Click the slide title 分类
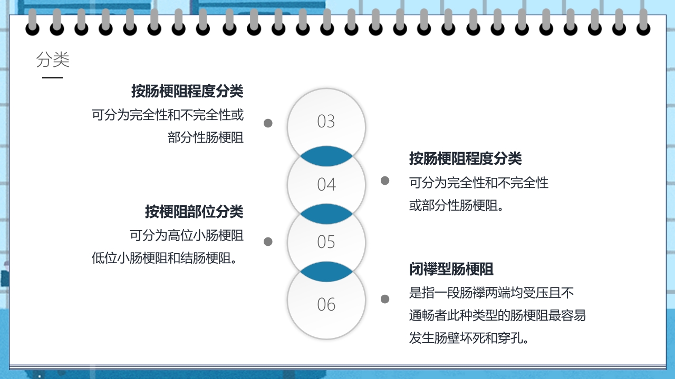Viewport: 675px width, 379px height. click(53, 60)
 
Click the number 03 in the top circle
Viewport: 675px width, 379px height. click(326, 122)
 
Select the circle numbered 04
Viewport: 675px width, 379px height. click(326, 184)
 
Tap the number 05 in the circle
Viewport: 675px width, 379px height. click(326, 242)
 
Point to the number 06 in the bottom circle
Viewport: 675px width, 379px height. click(326, 304)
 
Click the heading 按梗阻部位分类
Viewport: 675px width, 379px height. click(194, 212)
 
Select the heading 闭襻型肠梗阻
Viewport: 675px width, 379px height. click(451, 270)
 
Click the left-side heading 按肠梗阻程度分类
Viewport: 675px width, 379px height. click(187, 91)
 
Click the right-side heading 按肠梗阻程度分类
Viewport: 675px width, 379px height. click(466, 158)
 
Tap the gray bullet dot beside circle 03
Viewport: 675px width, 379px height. click(268, 123)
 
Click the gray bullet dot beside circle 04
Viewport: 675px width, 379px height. click(385, 181)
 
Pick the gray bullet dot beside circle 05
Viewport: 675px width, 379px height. click(268, 242)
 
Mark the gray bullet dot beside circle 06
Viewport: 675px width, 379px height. click(385, 299)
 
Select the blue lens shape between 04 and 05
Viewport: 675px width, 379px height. click(326, 214)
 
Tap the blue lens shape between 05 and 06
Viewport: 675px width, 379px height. click(326, 272)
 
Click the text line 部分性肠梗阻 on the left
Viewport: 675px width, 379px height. click(206, 138)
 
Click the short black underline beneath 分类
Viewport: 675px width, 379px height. click(52, 77)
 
